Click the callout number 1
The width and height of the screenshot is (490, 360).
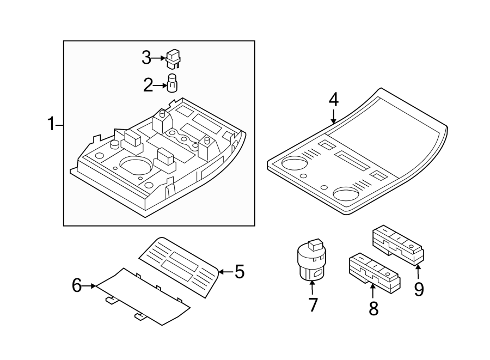tap(51, 125)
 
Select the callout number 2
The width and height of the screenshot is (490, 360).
tap(148, 85)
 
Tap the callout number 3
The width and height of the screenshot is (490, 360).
tap(146, 57)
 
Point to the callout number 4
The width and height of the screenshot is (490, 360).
tap(333, 100)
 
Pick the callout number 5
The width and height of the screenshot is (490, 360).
tap(239, 271)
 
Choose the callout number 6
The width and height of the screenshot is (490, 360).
tap(77, 285)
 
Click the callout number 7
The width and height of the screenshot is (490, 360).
tap(313, 305)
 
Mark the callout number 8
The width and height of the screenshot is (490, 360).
tap(373, 308)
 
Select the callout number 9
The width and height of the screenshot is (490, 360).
tap(419, 289)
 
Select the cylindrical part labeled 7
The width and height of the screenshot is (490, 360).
tap(311, 260)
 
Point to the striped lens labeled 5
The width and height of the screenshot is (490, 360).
tap(180, 266)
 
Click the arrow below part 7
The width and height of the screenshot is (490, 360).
tap(313, 286)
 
